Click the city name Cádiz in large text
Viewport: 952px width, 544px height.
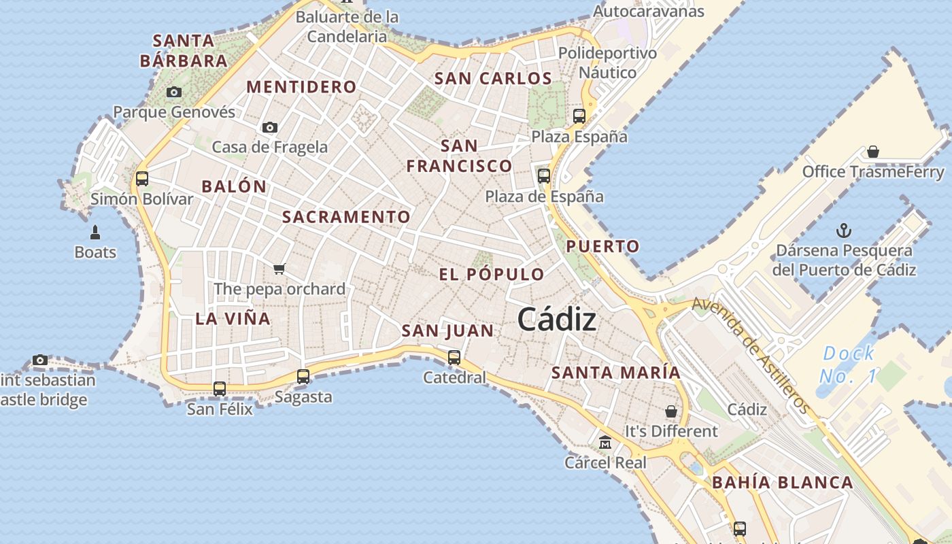pyautogui.click(x=557, y=319)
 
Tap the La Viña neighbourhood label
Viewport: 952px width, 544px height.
pyautogui.click(x=233, y=318)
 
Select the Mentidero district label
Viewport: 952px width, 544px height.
pyautogui.click(x=301, y=87)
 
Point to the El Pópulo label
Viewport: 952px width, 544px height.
pyautogui.click(x=492, y=275)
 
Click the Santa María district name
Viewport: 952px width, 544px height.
pyautogui.click(x=615, y=373)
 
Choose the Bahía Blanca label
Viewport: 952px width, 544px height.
pyautogui.click(x=782, y=483)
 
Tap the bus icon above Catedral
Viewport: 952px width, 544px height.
pyautogui.click(x=454, y=357)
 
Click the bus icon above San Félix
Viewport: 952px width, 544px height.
pyautogui.click(x=220, y=389)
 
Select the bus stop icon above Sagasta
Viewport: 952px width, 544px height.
pyautogui.click(x=303, y=376)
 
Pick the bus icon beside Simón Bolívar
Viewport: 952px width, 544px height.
pyautogui.click(x=142, y=179)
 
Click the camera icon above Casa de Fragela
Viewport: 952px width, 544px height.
pyautogui.click(x=270, y=127)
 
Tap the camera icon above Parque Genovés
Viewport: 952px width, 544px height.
pyautogui.click(x=174, y=92)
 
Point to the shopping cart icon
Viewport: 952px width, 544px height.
pyautogui.click(x=279, y=269)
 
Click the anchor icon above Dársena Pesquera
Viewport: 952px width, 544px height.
pyautogui.click(x=844, y=230)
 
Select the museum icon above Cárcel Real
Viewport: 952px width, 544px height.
pyautogui.click(x=605, y=443)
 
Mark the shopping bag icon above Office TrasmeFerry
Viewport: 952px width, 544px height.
pyautogui.click(x=873, y=151)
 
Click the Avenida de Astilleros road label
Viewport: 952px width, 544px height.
pyautogui.click(x=751, y=355)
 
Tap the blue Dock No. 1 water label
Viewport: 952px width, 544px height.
pyautogui.click(x=848, y=364)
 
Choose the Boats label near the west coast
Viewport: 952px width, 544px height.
pyautogui.click(x=95, y=252)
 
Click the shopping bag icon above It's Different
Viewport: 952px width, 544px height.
pyautogui.click(x=671, y=411)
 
